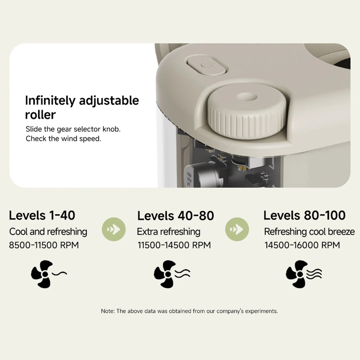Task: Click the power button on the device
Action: pos(207,65)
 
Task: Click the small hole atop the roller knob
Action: pos(247,96)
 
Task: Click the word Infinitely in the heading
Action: pos(50,101)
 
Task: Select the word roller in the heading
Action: pos(40,115)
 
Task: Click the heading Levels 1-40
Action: pos(42,216)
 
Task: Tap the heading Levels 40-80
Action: pos(176,216)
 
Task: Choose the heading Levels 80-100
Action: pos(304,216)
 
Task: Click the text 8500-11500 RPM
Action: pos(44,245)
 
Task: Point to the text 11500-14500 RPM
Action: pos(174,245)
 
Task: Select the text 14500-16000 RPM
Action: pos(302,245)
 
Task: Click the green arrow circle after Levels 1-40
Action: pos(114,229)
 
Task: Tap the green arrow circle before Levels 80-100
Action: pos(237,229)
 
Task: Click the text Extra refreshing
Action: pos(168,232)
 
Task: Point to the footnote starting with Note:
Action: pos(189,311)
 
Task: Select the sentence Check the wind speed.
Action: pos(63,139)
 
